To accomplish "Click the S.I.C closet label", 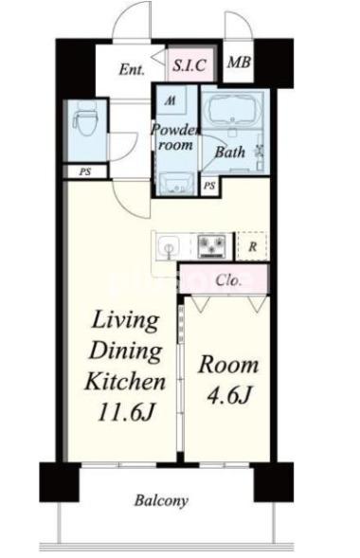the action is (x=189, y=65).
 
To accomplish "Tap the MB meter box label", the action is (x=239, y=63).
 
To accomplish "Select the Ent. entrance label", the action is (x=132, y=68).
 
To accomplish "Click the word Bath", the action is (x=230, y=153).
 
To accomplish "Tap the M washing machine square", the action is (x=171, y=100).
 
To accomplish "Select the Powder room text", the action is (x=175, y=137).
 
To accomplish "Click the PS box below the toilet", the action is (x=85, y=172).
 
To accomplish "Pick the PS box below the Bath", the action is (x=209, y=186).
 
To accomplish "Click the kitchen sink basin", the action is (x=168, y=246).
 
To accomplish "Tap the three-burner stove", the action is (x=212, y=246).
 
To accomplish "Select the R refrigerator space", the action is (x=252, y=246).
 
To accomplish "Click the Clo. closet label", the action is (x=228, y=280).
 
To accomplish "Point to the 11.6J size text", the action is (x=126, y=413).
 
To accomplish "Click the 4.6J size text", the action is (x=228, y=395).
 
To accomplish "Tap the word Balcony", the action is (x=161, y=501).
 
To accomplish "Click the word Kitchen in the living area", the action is (x=125, y=381).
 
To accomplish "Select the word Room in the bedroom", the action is (x=228, y=365).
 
